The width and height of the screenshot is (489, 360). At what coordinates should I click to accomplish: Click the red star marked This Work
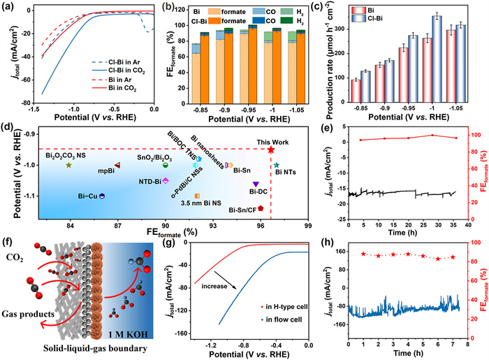pos(271,150)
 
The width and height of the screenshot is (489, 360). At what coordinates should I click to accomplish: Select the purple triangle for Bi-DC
pos(256,184)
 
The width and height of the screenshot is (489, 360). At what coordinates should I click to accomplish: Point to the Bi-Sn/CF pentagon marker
pos(261,208)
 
